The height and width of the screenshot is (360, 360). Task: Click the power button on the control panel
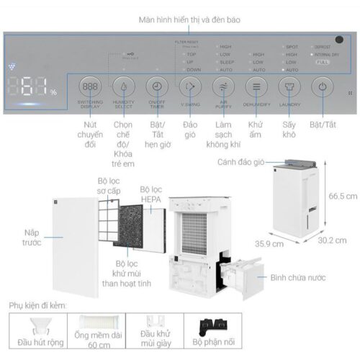click(323, 86)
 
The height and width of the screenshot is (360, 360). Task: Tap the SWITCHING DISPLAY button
click(91, 86)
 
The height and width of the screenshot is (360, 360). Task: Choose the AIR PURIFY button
click(223, 86)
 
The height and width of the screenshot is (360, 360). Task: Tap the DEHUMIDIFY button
click(256, 86)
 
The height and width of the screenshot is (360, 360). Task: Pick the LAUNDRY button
click(289, 86)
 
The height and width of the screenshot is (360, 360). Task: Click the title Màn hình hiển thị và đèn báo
click(180, 19)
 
